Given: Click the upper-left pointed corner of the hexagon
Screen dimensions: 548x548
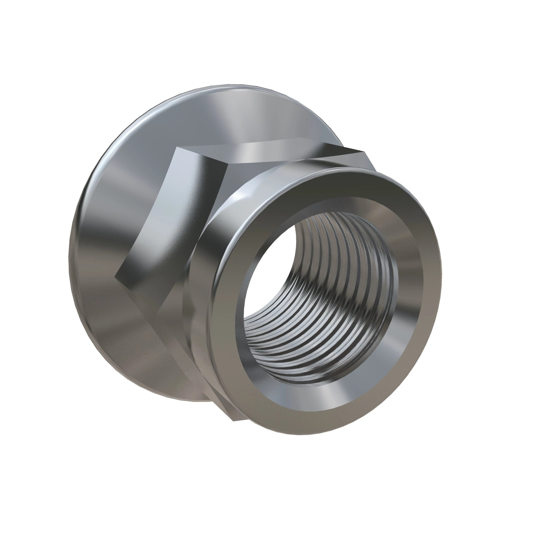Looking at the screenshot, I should click(177, 147).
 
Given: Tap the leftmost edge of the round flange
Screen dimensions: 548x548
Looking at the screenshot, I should click(70, 255).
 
